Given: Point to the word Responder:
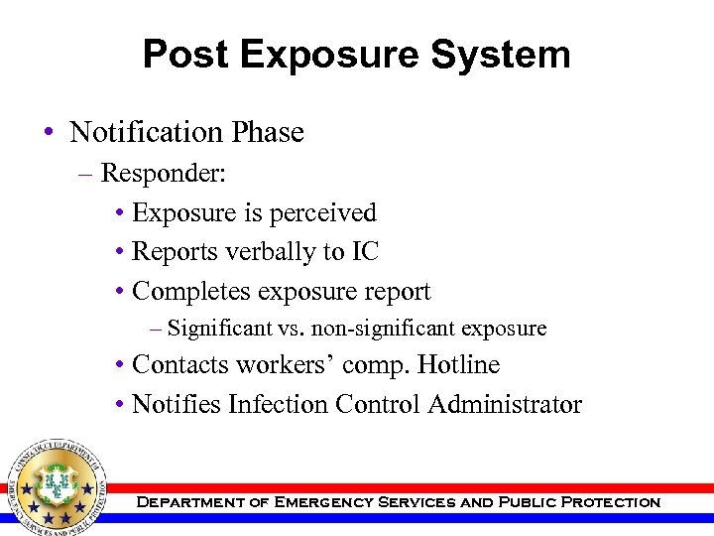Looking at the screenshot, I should point(165,175).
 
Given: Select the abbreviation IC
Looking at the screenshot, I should point(364,252).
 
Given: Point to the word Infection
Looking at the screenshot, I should point(278,405).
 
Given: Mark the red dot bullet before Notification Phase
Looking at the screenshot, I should point(50,133).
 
